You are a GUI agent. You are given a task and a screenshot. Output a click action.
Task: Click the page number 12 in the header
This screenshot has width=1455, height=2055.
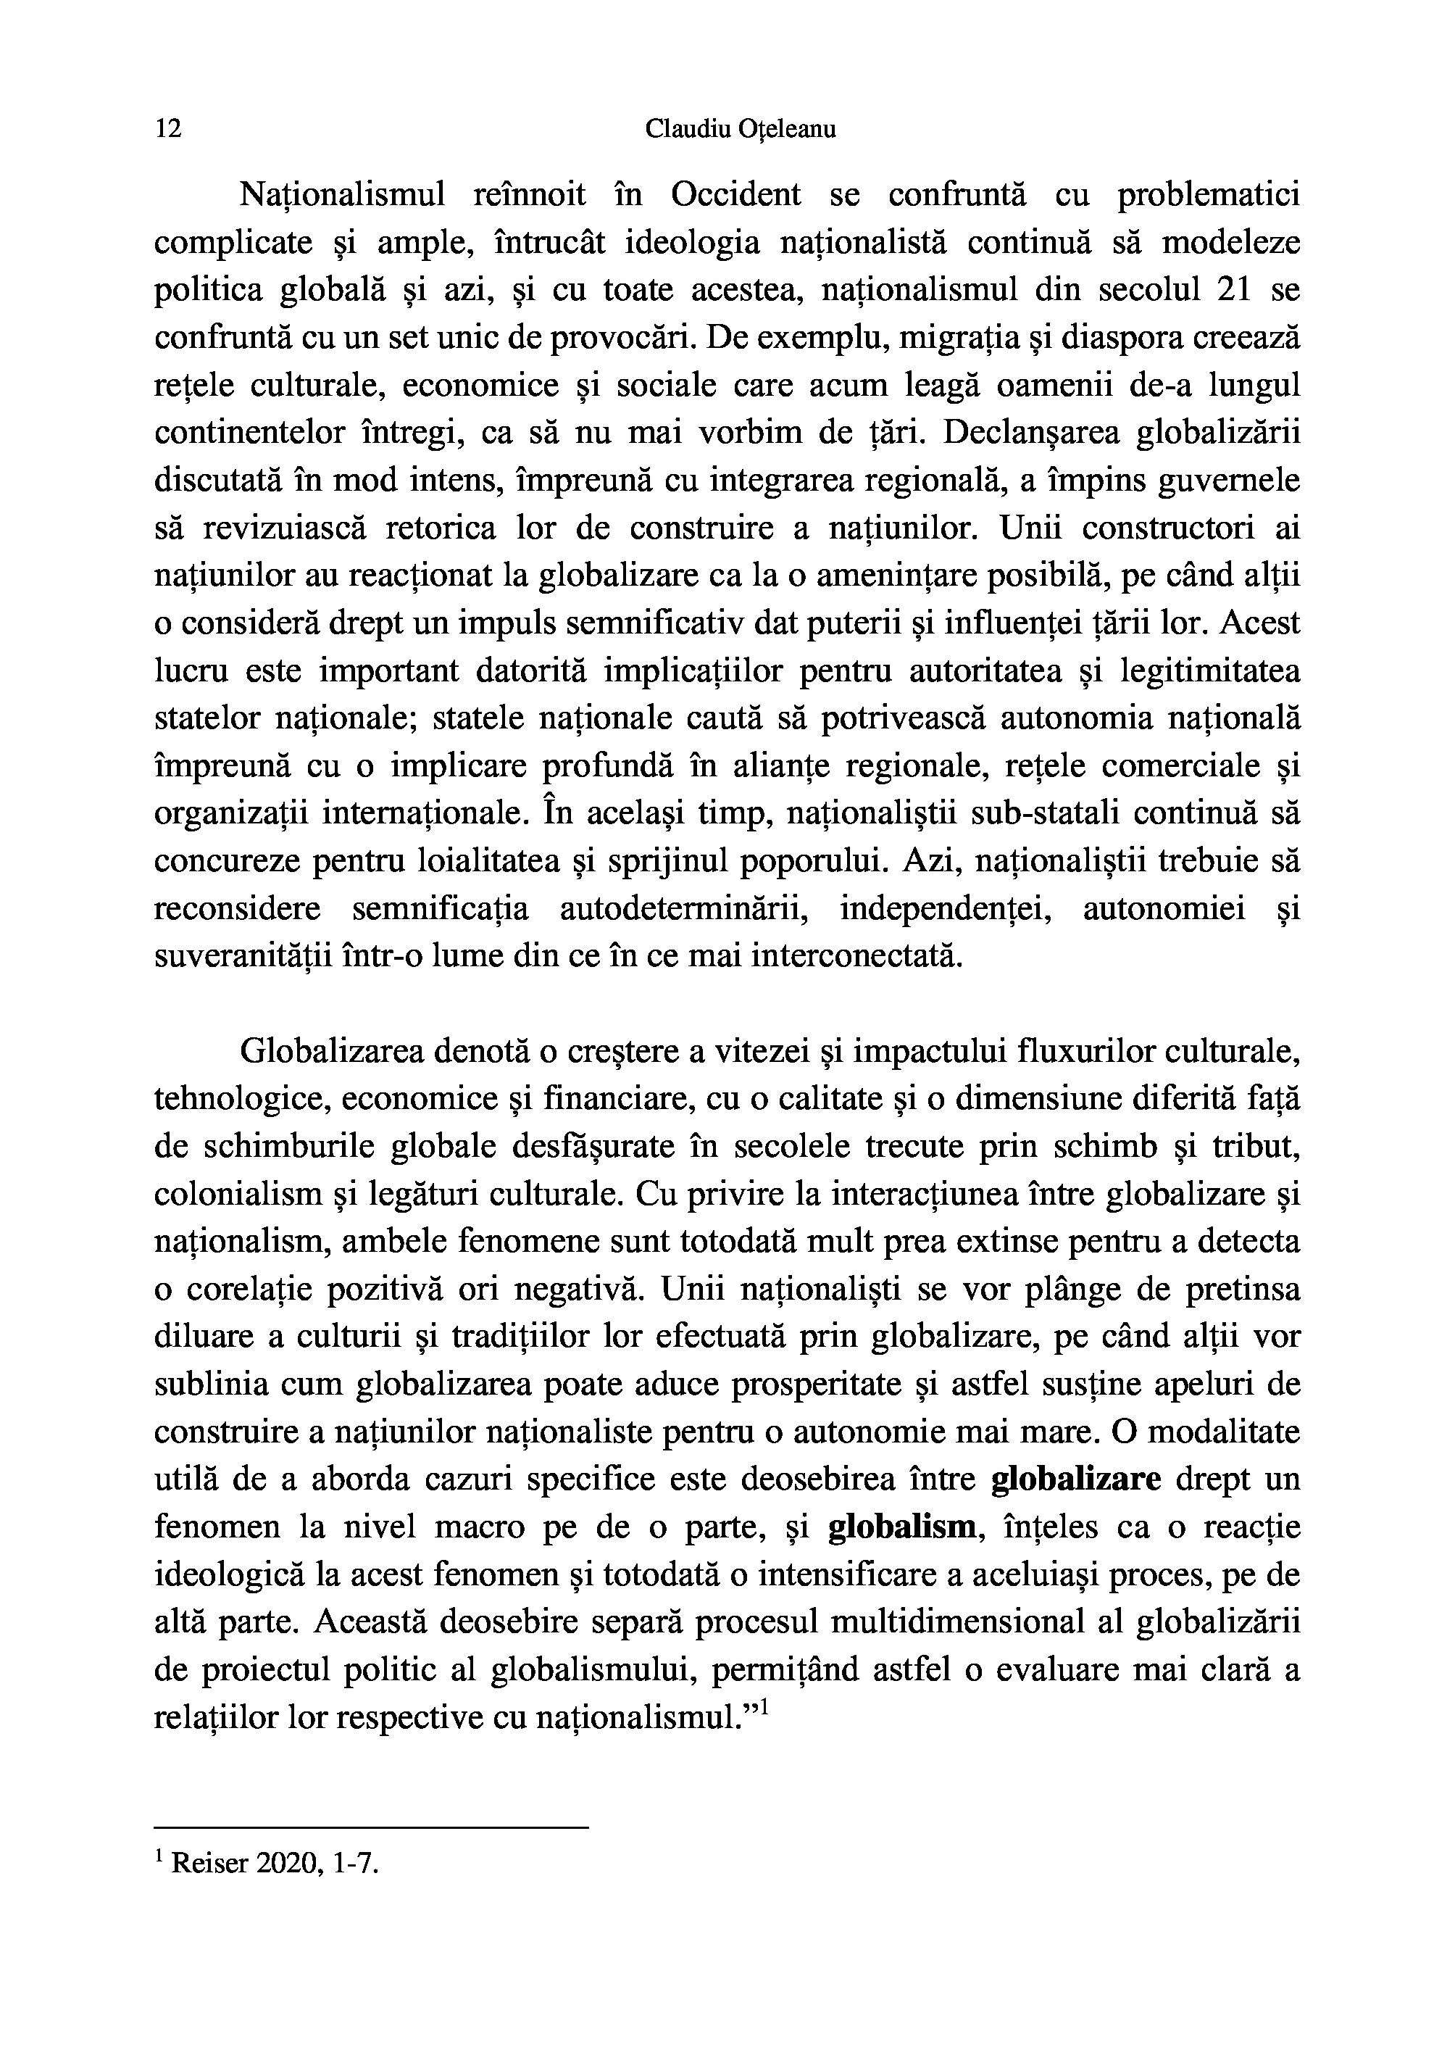pos(168,129)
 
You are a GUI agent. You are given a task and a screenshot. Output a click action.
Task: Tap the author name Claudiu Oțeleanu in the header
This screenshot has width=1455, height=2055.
pos(740,130)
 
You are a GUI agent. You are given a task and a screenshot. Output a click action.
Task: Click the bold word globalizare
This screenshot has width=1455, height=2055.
pos(1076,1479)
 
